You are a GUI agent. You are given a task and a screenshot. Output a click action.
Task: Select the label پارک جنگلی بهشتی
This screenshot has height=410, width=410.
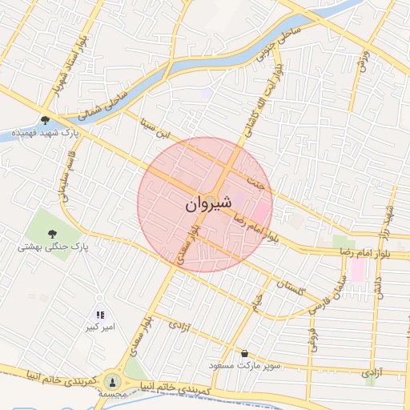tap(54, 247)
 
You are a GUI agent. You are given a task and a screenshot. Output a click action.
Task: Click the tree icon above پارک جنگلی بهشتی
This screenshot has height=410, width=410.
tap(53, 234)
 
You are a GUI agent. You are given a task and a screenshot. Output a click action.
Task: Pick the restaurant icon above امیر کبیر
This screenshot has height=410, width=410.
tap(100, 315)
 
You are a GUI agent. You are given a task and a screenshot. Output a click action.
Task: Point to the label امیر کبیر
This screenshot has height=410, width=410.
tap(102, 328)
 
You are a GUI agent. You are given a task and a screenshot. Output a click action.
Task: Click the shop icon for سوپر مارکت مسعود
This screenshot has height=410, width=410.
tap(243, 353)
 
